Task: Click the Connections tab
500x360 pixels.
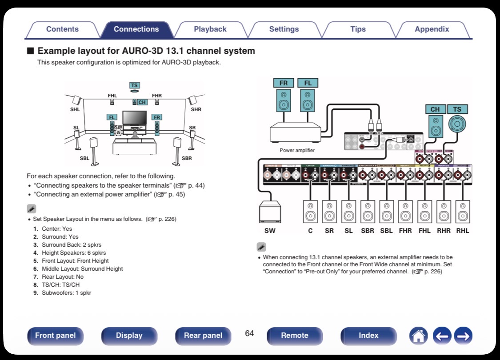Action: [x=136, y=29]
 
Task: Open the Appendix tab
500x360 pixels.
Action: [x=432, y=29]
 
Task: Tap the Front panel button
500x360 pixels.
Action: [x=56, y=336]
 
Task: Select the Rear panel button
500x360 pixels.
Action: [x=203, y=336]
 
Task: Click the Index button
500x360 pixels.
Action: [x=368, y=336]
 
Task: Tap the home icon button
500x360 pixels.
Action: [x=418, y=336]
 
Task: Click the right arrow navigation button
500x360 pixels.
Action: [x=463, y=336]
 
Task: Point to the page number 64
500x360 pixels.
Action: [x=249, y=333]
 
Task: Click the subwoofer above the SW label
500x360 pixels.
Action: [x=270, y=212]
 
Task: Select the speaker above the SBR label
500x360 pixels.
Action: [x=368, y=212]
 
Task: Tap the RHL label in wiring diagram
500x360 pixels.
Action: [x=463, y=231]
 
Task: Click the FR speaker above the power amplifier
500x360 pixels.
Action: [x=284, y=100]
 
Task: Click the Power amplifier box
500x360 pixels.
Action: [x=295, y=132]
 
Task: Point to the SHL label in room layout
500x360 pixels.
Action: [x=75, y=109]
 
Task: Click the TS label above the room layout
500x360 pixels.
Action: [x=134, y=85]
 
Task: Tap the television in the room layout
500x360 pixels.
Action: [x=134, y=118]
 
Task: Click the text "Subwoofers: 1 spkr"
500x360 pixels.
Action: [x=66, y=293]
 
